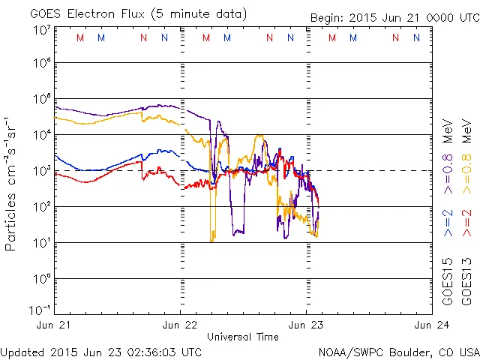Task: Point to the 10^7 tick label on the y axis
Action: pos(41,29)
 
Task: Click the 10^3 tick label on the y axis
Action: pos(41,171)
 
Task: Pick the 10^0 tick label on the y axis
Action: pos(41,279)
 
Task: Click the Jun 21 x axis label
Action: pos(54,325)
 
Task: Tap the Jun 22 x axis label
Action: pos(180,325)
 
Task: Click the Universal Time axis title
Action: pos(243,337)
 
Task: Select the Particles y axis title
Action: pos(11,183)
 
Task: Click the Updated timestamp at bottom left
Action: pos(101,352)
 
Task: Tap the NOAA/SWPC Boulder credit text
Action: pos(398,352)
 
